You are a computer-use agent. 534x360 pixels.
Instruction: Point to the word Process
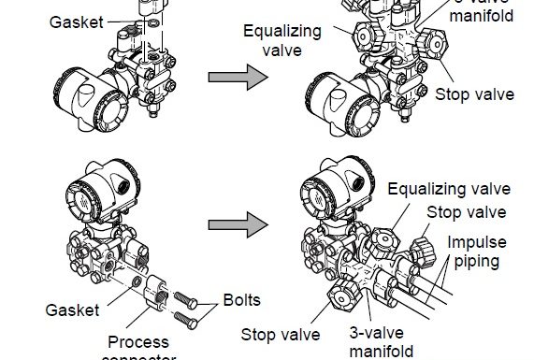(x=137, y=341)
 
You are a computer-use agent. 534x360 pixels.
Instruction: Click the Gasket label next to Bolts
(x=72, y=309)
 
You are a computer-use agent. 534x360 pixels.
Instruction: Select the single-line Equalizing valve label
(x=448, y=190)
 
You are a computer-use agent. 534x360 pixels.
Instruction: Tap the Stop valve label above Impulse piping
(x=467, y=212)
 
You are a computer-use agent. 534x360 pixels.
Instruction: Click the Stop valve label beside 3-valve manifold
(x=281, y=334)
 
